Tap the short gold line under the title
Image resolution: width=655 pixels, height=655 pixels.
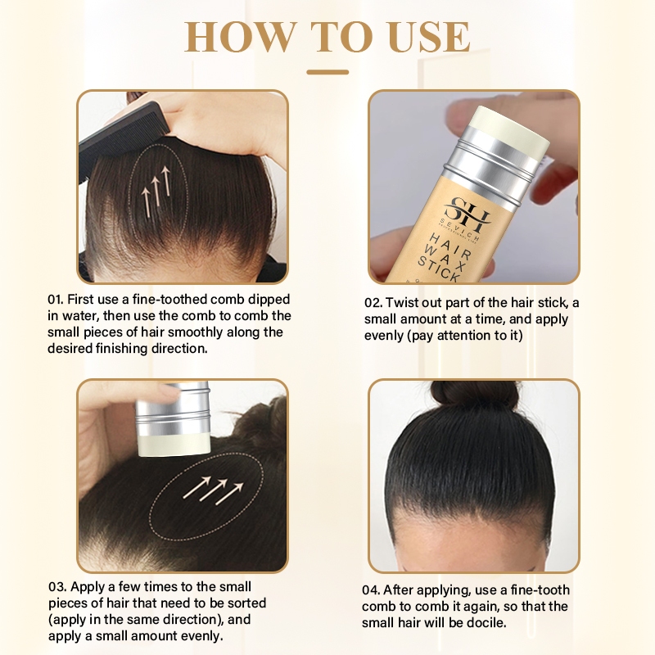327,72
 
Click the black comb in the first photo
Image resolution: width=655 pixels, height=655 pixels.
124,138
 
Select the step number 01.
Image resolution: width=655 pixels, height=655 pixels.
55,300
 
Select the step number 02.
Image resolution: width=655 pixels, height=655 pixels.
373,303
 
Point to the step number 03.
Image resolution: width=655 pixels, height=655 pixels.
56,587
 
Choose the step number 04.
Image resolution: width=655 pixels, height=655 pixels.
371,590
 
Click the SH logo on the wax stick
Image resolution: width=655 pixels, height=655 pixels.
467,213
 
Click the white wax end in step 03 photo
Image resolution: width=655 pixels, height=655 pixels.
174,445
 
